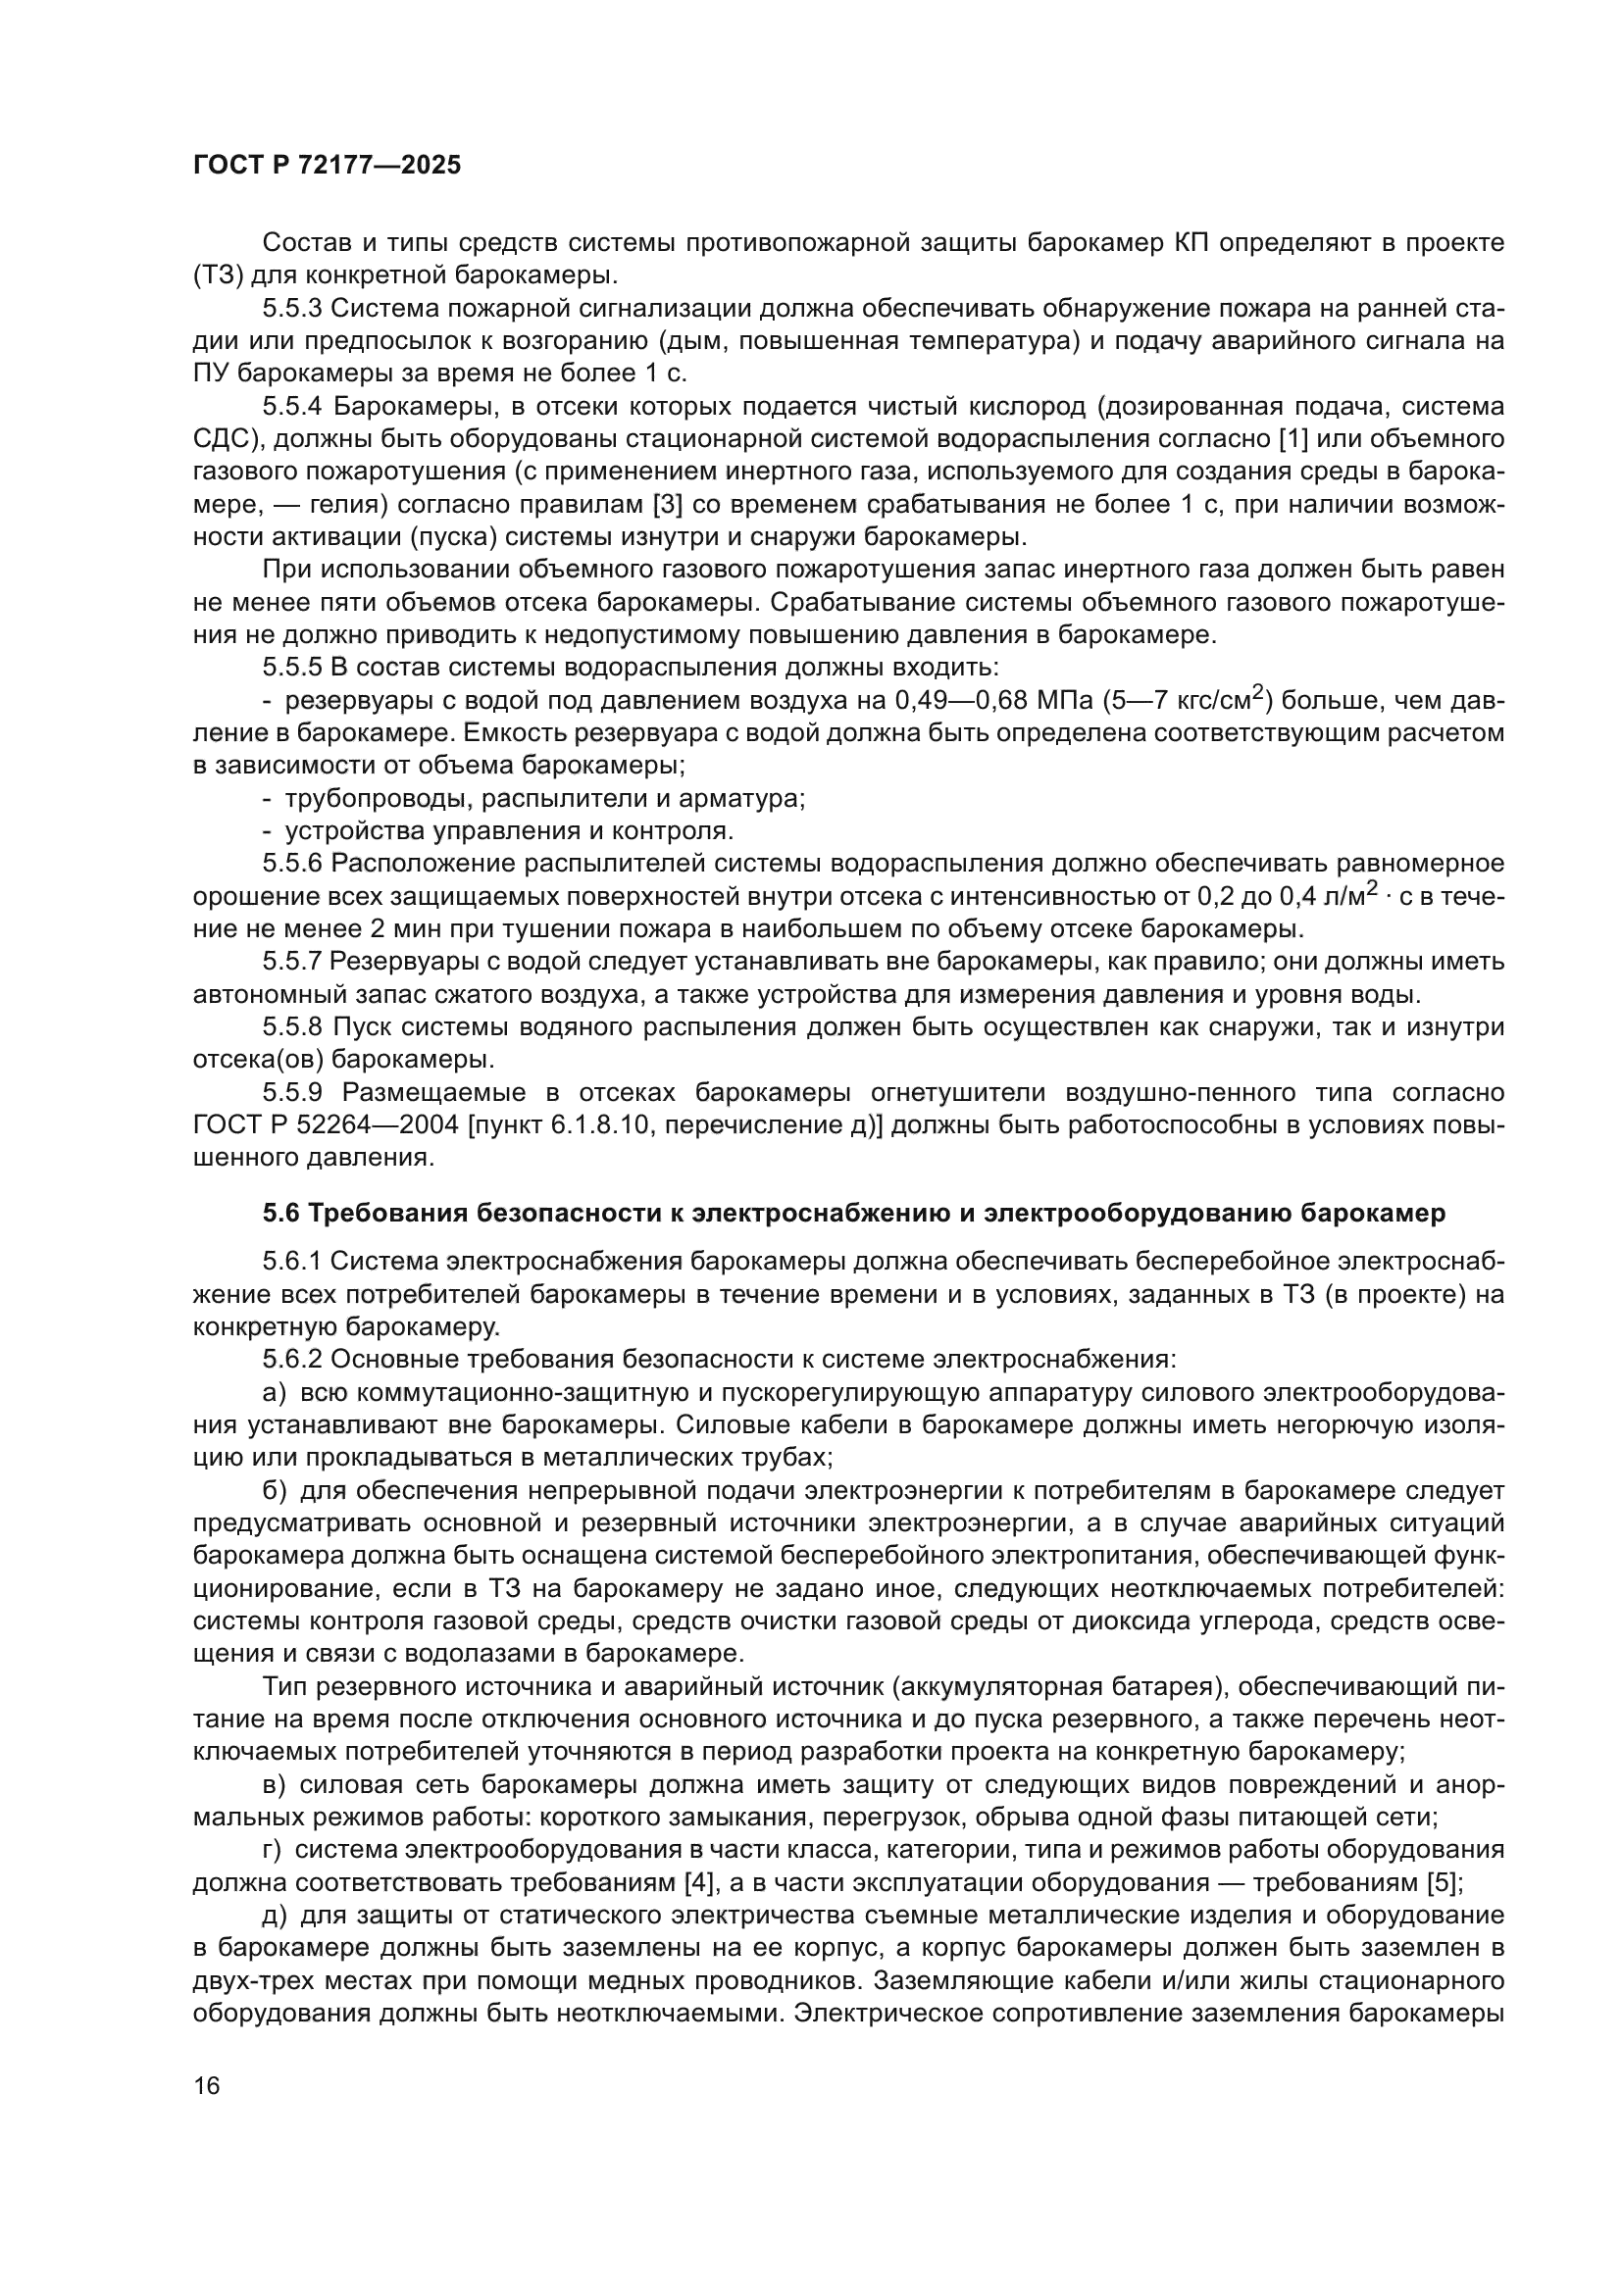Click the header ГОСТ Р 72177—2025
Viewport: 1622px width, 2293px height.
[327, 166]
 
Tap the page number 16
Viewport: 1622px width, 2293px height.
[207, 2085]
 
